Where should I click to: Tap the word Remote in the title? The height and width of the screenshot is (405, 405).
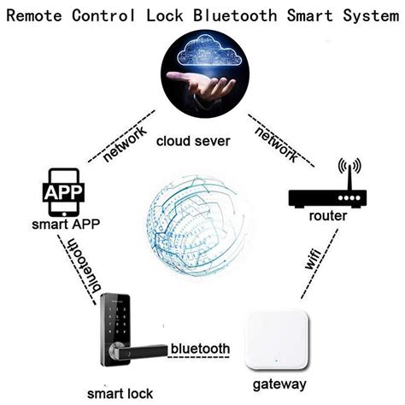pos(39,15)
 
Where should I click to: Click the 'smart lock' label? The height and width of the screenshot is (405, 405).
pos(116,393)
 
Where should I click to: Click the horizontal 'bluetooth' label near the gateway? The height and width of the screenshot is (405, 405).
pos(200,349)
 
